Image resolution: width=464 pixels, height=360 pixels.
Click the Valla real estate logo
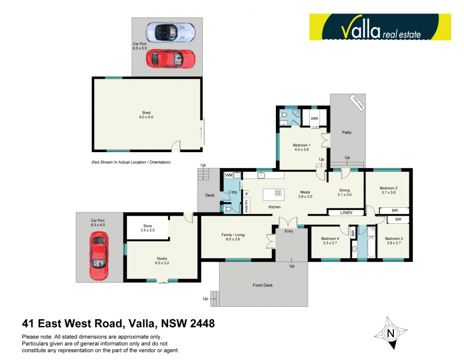pyautogui.click(x=379, y=27)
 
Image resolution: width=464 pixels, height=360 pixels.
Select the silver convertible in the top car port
pyautogui.click(x=170, y=32)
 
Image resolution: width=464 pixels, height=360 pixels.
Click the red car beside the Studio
pyautogui.click(x=98, y=256)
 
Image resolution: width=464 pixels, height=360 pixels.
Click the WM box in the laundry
pyautogui.click(x=228, y=176)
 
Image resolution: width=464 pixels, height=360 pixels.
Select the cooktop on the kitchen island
pyautogui.click(x=278, y=194)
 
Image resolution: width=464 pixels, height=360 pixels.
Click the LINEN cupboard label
pyautogui.click(x=347, y=212)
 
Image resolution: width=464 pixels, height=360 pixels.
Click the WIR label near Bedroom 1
pyautogui.click(x=314, y=119)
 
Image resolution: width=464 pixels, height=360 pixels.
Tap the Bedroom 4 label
pyautogui.click(x=330, y=241)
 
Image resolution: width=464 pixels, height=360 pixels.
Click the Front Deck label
pyautogui.click(x=262, y=285)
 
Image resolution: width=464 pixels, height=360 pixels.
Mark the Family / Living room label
pyautogui.click(x=233, y=237)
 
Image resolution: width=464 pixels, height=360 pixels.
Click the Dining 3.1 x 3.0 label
pyautogui.click(x=344, y=192)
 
